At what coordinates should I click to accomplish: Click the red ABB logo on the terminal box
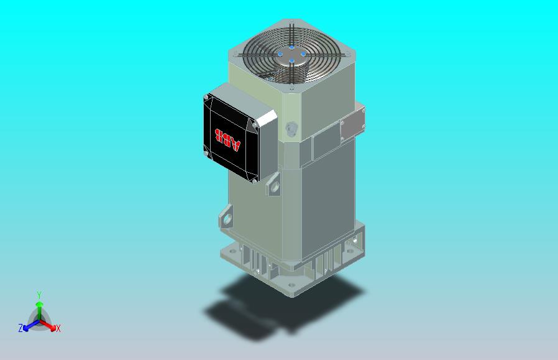coord(227,139)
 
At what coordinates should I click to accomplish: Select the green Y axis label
coord(39,295)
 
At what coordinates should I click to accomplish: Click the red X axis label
coord(58,328)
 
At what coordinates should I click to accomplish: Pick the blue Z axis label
coord(21,328)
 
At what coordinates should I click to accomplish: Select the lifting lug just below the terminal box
coord(273,185)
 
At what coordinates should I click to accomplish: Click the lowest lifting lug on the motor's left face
coord(226,218)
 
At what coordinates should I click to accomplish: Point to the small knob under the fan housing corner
coord(291,129)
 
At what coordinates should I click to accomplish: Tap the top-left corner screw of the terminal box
coord(208,98)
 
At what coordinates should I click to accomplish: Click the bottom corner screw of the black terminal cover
coord(254,181)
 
